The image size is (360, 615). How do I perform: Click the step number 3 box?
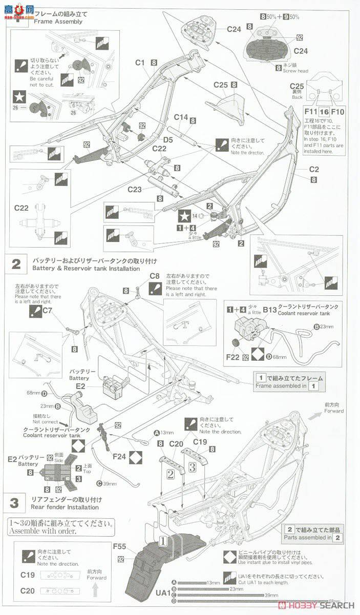15,503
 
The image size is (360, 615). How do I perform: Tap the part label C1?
141,63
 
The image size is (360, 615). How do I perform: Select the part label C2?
313,169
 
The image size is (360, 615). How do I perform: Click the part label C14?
181,117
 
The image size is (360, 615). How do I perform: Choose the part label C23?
135,190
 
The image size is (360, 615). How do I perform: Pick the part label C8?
155,276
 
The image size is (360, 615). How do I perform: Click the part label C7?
48,310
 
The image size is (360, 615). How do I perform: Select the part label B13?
270,310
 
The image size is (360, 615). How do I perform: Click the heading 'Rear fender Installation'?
65,507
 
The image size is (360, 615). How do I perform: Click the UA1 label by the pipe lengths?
162,593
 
